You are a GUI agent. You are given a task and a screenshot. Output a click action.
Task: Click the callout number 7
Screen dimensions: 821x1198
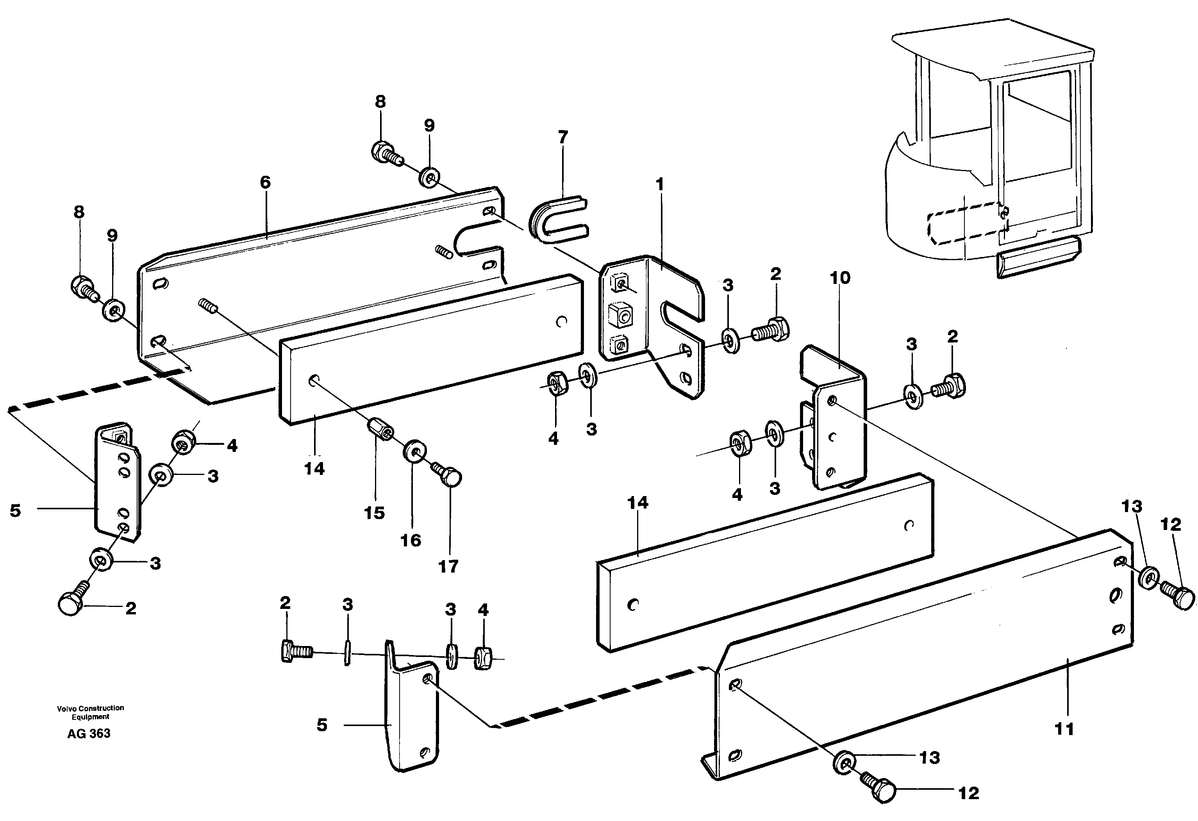(563, 137)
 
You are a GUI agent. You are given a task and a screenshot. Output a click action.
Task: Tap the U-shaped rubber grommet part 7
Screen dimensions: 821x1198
(557, 219)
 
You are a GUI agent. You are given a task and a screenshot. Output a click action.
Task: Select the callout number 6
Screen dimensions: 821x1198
(265, 182)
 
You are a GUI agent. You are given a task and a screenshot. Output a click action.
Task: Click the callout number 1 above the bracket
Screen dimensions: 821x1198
(659, 184)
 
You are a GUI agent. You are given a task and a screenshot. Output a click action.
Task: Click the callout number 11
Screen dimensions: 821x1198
(1064, 729)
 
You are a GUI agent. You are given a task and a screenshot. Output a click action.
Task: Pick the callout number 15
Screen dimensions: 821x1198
(374, 513)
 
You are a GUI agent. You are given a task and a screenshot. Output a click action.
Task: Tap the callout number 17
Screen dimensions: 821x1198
(448, 566)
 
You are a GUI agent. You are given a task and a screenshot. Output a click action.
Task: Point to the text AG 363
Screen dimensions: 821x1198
(89, 734)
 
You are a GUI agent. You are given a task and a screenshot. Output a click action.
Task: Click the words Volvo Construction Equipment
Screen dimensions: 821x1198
(90, 712)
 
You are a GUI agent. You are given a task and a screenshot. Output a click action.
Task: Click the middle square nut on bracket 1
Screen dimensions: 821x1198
(620, 315)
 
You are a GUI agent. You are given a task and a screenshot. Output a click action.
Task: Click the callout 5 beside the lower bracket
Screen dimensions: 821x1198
(321, 725)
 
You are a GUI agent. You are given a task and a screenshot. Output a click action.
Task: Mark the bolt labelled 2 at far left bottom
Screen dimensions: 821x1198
(71, 603)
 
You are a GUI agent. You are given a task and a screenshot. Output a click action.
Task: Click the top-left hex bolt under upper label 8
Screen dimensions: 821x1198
(382, 150)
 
